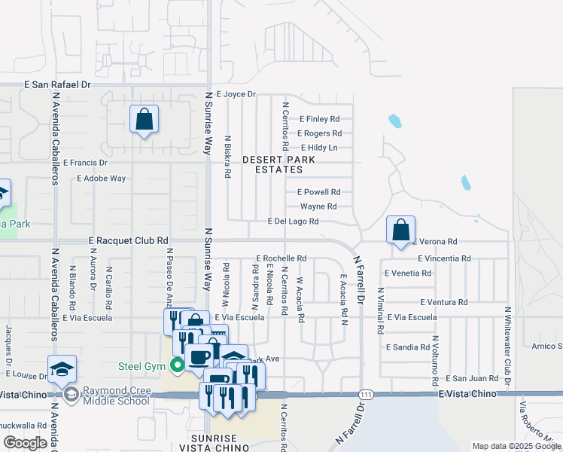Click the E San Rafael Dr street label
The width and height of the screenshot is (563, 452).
pos(57,85)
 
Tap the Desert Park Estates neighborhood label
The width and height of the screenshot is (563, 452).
pos(278,165)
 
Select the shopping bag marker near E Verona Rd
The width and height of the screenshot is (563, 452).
pos(401,230)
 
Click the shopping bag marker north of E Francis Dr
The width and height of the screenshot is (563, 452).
pos(144,119)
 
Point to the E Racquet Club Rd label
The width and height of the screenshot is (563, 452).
pos(128,240)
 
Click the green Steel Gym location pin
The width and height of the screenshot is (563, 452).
pos(178,367)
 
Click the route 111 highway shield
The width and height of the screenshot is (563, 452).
pos(367,395)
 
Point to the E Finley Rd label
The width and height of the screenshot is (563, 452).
pos(319,119)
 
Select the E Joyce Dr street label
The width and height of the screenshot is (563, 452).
pos(236,95)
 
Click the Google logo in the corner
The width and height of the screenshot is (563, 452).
pos(26,443)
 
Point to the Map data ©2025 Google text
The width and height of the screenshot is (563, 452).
pos(516,446)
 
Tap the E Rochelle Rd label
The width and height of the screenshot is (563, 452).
pos(281,258)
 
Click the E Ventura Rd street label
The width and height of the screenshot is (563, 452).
pos(444,302)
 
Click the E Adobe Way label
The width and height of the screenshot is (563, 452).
pos(102,179)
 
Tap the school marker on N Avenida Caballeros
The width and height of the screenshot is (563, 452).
pos(62,368)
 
